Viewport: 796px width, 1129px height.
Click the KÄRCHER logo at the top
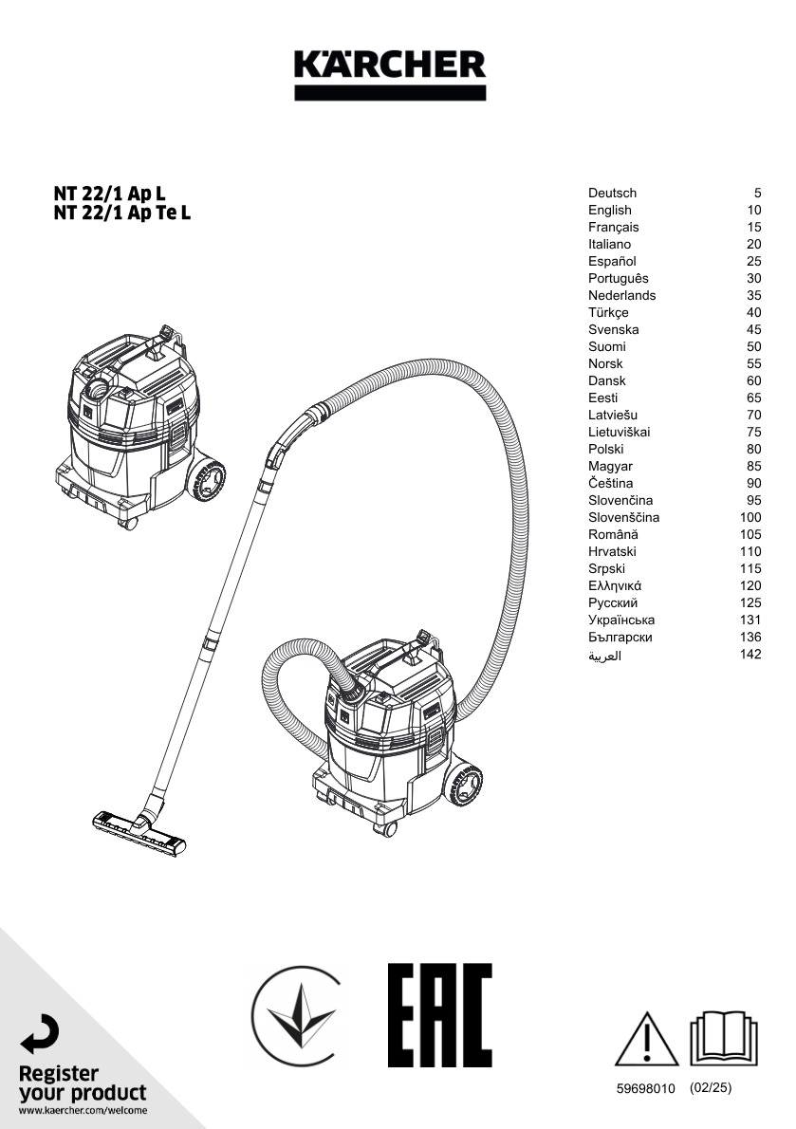[389, 74]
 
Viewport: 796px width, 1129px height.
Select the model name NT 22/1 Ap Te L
[122, 213]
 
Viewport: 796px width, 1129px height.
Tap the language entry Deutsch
[612, 193]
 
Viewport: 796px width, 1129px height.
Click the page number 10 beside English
[753, 211]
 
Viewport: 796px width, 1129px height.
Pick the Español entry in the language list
[612, 261]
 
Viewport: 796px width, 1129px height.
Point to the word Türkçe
[608, 312]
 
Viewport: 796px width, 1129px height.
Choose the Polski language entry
[606, 449]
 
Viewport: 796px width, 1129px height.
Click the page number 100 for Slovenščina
[750, 517]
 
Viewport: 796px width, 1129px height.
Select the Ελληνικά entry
[615, 585]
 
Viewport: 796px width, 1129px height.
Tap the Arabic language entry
[604, 656]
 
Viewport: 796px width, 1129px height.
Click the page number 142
[750, 654]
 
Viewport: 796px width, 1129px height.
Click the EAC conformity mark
[439, 1014]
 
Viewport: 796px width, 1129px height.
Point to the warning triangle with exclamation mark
[646, 1040]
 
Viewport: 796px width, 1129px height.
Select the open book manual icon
[724, 1038]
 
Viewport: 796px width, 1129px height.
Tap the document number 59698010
[645, 1089]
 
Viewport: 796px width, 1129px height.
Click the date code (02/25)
[711, 1088]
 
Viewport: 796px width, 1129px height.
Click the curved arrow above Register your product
[40, 1034]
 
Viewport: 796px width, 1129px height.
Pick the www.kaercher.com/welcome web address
[83, 1110]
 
